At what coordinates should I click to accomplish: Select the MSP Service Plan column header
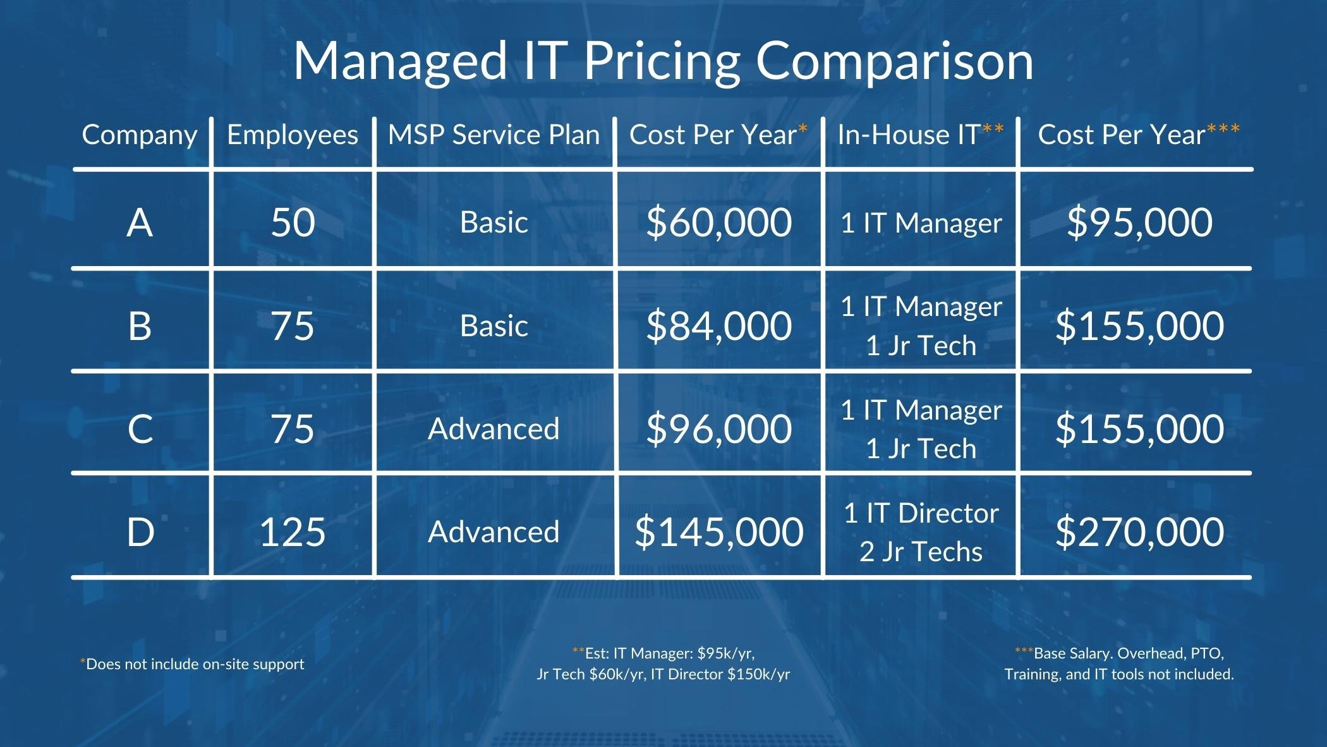click(x=494, y=135)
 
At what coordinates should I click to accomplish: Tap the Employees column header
click(x=292, y=135)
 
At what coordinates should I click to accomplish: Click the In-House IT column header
click(x=920, y=135)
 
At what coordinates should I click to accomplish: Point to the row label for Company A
click(x=140, y=222)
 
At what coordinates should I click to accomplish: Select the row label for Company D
click(x=140, y=531)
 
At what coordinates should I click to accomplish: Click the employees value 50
click(x=293, y=222)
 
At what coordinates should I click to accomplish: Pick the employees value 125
click(x=292, y=531)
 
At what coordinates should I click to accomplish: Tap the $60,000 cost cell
click(x=718, y=222)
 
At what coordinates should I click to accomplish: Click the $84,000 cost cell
click(x=718, y=326)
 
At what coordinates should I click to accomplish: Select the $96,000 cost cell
click(x=718, y=428)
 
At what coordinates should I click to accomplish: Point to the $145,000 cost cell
click(x=718, y=531)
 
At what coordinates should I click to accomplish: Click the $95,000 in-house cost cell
click(x=1139, y=222)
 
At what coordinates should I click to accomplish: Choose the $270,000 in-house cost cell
click(x=1139, y=531)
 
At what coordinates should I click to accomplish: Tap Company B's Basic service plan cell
click(x=494, y=326)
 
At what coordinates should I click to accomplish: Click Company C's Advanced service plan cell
click(x=494, y=428)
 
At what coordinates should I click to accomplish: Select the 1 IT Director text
click(x=921, y=513)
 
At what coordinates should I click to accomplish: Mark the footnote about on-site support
click(x=193, y=664)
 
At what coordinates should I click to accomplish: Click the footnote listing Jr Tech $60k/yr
click(x=663, y=674)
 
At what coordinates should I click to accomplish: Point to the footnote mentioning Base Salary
click(x=1118, y=664)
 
